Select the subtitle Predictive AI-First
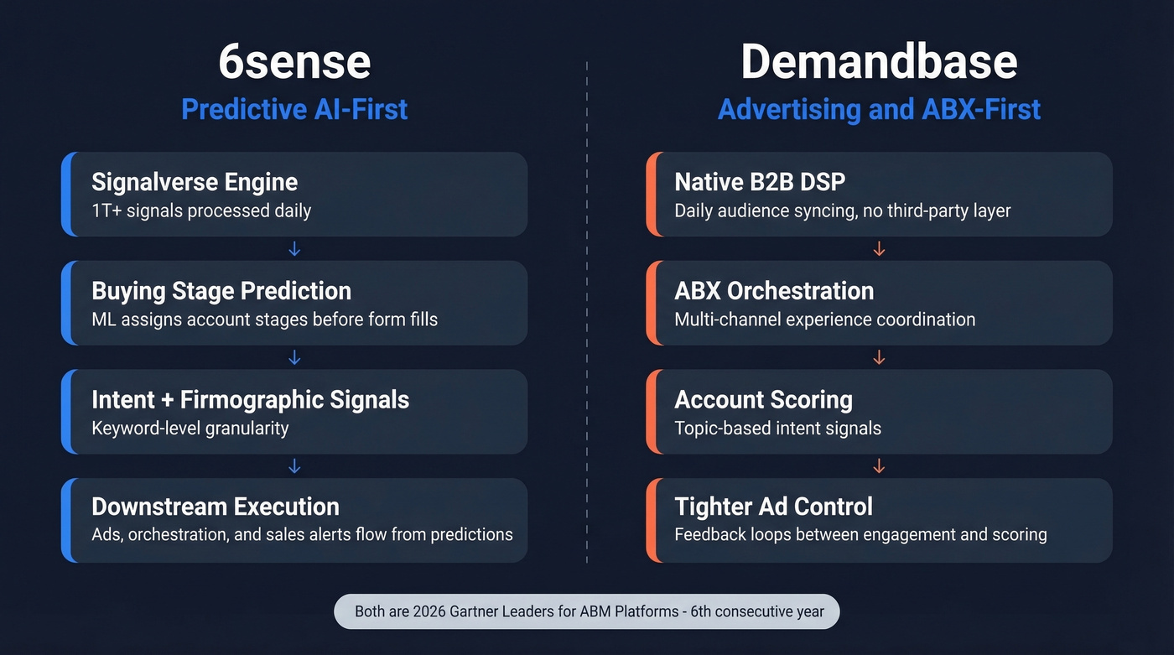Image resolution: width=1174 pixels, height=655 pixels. pyautogui.click(x=294, y=109)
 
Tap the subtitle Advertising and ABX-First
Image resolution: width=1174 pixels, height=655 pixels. pyautogui.click(x=879, y=109)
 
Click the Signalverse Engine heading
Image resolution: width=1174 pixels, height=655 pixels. pyautogui.click(x=195, y=182)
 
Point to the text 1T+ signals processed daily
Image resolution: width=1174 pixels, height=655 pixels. pyautogui.click(x=201, y=211)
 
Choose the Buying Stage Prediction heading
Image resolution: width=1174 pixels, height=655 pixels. pyautogui.click(x=221, y=291)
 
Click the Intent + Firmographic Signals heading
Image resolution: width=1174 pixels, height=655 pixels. pyautogui.click(x=250, y=399)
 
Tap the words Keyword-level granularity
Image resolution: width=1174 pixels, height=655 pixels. pyautogui.click(x=190, y=428)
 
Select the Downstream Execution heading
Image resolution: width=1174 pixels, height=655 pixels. pyautogui.click(x=216, y=507)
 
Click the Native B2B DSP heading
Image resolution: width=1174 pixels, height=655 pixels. pyautogui.click(x=760, y=182)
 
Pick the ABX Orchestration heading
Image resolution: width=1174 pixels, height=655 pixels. pyautogui.click(x=774, y=291)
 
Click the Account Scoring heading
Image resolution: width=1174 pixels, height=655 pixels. pyautogui.click(x=763, y=399)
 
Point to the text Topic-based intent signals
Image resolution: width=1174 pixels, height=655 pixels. pyautogui.click(x=777, y=428)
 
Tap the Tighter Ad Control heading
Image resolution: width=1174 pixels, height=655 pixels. pyautogui.click(x=773, y=507)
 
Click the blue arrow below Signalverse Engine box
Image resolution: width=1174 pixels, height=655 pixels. pyautogui.click(x=294, y=249)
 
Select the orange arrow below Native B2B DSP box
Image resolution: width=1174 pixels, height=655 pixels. pyautogui.click(x=879, y=249)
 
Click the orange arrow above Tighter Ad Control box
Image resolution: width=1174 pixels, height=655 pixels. pyautogui.click(x=879, y=466)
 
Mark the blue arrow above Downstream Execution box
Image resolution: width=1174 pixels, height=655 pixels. pyautogui.click(x=294, y=466)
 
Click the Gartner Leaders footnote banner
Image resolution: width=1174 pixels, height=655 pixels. pyautogui.click(x=586, y=611)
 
